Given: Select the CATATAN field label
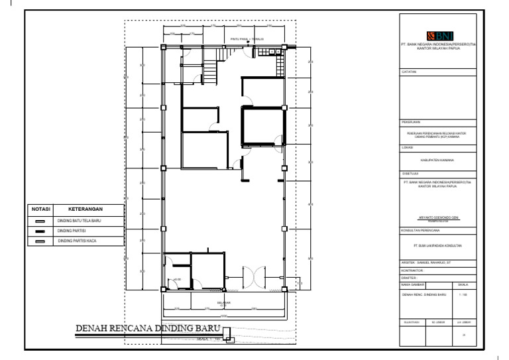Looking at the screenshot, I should click(409, 71).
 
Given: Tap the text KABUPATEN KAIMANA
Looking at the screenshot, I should click(437, 160).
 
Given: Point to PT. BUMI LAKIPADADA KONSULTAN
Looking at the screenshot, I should click(437, 246).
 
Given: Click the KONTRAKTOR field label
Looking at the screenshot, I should click(413, 270).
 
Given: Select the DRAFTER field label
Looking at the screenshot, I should click(409, 278).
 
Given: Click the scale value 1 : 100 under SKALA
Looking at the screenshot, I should click(463, 293).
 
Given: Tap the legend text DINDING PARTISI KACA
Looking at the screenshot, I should click(77, 241).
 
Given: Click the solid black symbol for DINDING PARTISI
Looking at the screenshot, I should click(39, 231).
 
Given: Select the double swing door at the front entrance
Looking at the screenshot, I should click(252, 277).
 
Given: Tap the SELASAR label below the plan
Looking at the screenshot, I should click(224, 302).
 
